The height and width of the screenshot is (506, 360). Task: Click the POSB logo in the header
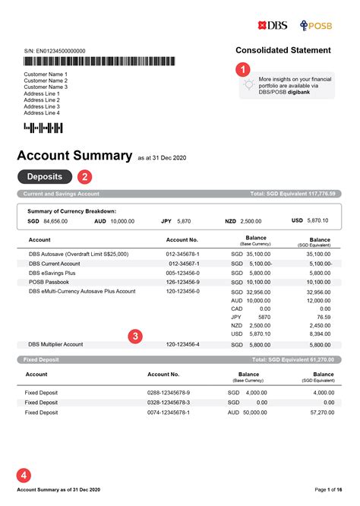[317, 25]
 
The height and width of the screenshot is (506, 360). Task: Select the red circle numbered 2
[84, 177]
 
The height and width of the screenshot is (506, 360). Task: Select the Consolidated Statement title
[283, 50]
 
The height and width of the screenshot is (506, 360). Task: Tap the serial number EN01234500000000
[55, 51]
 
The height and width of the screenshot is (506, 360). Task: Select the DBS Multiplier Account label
[56, 344]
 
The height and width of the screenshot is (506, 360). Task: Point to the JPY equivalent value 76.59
[321, 318]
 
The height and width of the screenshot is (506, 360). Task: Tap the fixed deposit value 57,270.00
[315, 413]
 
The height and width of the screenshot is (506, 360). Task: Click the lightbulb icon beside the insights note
[248, 86]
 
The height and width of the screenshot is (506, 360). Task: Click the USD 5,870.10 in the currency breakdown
[310, 221]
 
